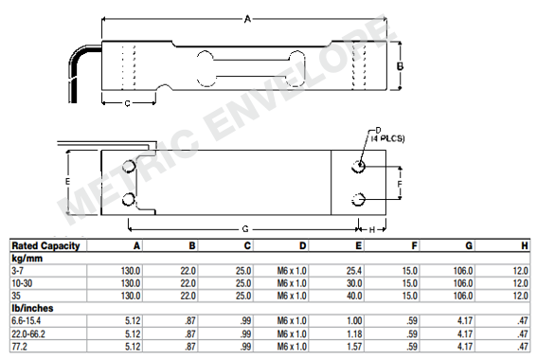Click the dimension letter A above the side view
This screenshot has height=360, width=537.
click(248, 18)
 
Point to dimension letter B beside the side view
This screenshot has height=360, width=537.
click(401, 65)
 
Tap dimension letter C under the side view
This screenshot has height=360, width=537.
click(127, 104)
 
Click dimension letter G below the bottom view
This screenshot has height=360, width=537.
click(245, 229)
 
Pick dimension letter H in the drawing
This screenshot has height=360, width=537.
click(371, 229)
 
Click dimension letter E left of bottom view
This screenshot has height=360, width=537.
click(67, 181)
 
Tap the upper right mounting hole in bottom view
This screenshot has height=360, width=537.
click(359, 167)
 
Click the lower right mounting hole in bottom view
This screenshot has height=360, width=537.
click(359, 198)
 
